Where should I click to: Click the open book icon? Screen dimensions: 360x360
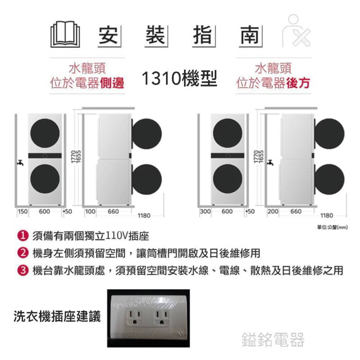pyautogui.click(x=65, y=35)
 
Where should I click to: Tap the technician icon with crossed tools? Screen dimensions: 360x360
pyautogui.click(x=296, y=31)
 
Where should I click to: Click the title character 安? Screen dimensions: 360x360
pyautogui.click(x=108, y=35)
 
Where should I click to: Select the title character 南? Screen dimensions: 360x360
pyautogui.click(x=250, y=35)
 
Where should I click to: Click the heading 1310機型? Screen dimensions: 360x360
pyautogui.click(x=179, y=78)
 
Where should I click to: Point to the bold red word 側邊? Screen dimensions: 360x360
pyautogui.click(x=112, y=83)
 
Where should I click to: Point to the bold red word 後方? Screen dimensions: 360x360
pyautogui.click(x=298, y=83)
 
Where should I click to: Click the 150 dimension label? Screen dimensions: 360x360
pyautogui.click(x=22, y=211)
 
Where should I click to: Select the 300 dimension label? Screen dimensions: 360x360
pyautogui.click(x=205, y=211)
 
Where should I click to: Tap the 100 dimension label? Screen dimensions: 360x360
pyautogui.click(x=90, y=211)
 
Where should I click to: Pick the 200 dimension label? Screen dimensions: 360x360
pyautogui.click(x=273, y=211)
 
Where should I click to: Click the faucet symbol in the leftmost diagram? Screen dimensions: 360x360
pyautogui.click(x=20, y=162)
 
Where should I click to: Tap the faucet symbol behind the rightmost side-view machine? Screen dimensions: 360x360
pyautogui.click(x=270, y=162)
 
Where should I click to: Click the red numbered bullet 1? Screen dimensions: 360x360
pyautogui.click(x=23, y=236)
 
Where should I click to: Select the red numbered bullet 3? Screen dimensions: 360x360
pyautogui.click(x=23, y=270)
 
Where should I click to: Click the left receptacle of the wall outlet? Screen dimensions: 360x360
pyautogui.click(x=135, y=317)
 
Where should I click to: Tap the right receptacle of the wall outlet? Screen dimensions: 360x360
pyautogui.click(x=162, y=317)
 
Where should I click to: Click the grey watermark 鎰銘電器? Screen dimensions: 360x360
pyautogui.click(x=273, y=340)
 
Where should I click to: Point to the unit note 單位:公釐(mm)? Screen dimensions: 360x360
pyautogui.click(x=333, y=227)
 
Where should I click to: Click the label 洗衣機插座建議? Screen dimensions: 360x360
pyautogui.click(x=57, y=316)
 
